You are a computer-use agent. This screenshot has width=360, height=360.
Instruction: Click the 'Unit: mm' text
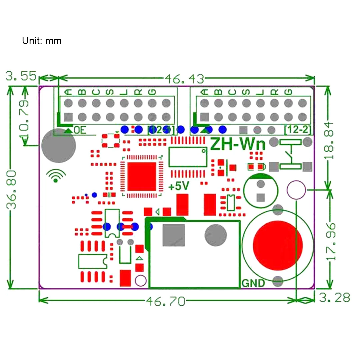click(x=42, y=41)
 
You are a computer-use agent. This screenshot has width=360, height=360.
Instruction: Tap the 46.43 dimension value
click(x=184, y=79)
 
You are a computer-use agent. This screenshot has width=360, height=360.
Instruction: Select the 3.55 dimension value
click(x=21, y=76)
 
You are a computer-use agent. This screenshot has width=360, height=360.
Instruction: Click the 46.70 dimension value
click(x=166, y=301)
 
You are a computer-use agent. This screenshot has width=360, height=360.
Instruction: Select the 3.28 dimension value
click(x=334, y=297)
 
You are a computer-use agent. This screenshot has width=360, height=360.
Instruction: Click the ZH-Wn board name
click(x=238, y=144)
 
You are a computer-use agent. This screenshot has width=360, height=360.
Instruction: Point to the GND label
click(x=253, y=283)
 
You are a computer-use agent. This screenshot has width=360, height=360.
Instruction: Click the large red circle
click(x=278, y=245)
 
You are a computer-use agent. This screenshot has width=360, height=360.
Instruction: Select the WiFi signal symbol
click(x=56, y=176)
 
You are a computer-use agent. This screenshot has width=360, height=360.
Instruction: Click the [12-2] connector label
click(x=298, y=129)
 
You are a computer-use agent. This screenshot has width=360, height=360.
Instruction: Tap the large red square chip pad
click(x=142, y=176)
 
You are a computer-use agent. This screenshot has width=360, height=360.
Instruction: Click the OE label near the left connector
click(x=80, y=130)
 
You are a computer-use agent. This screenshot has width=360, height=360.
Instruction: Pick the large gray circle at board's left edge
click(x=58, y=145)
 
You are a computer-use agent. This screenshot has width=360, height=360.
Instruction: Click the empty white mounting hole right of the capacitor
click(x=296, y=190)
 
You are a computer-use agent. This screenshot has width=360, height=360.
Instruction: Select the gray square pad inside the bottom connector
click(x=173, y=235)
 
